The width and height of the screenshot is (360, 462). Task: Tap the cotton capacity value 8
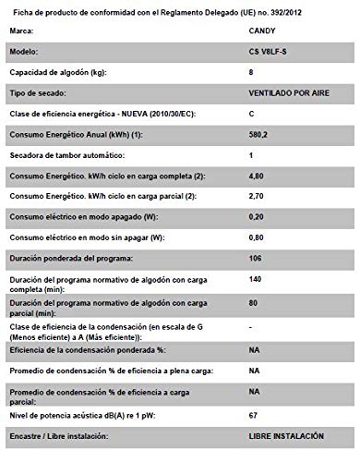251,71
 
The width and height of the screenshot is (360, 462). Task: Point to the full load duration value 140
256,280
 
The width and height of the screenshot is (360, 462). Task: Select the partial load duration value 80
254,302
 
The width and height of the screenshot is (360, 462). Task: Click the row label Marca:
22,30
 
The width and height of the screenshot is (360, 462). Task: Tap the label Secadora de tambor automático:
68,156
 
